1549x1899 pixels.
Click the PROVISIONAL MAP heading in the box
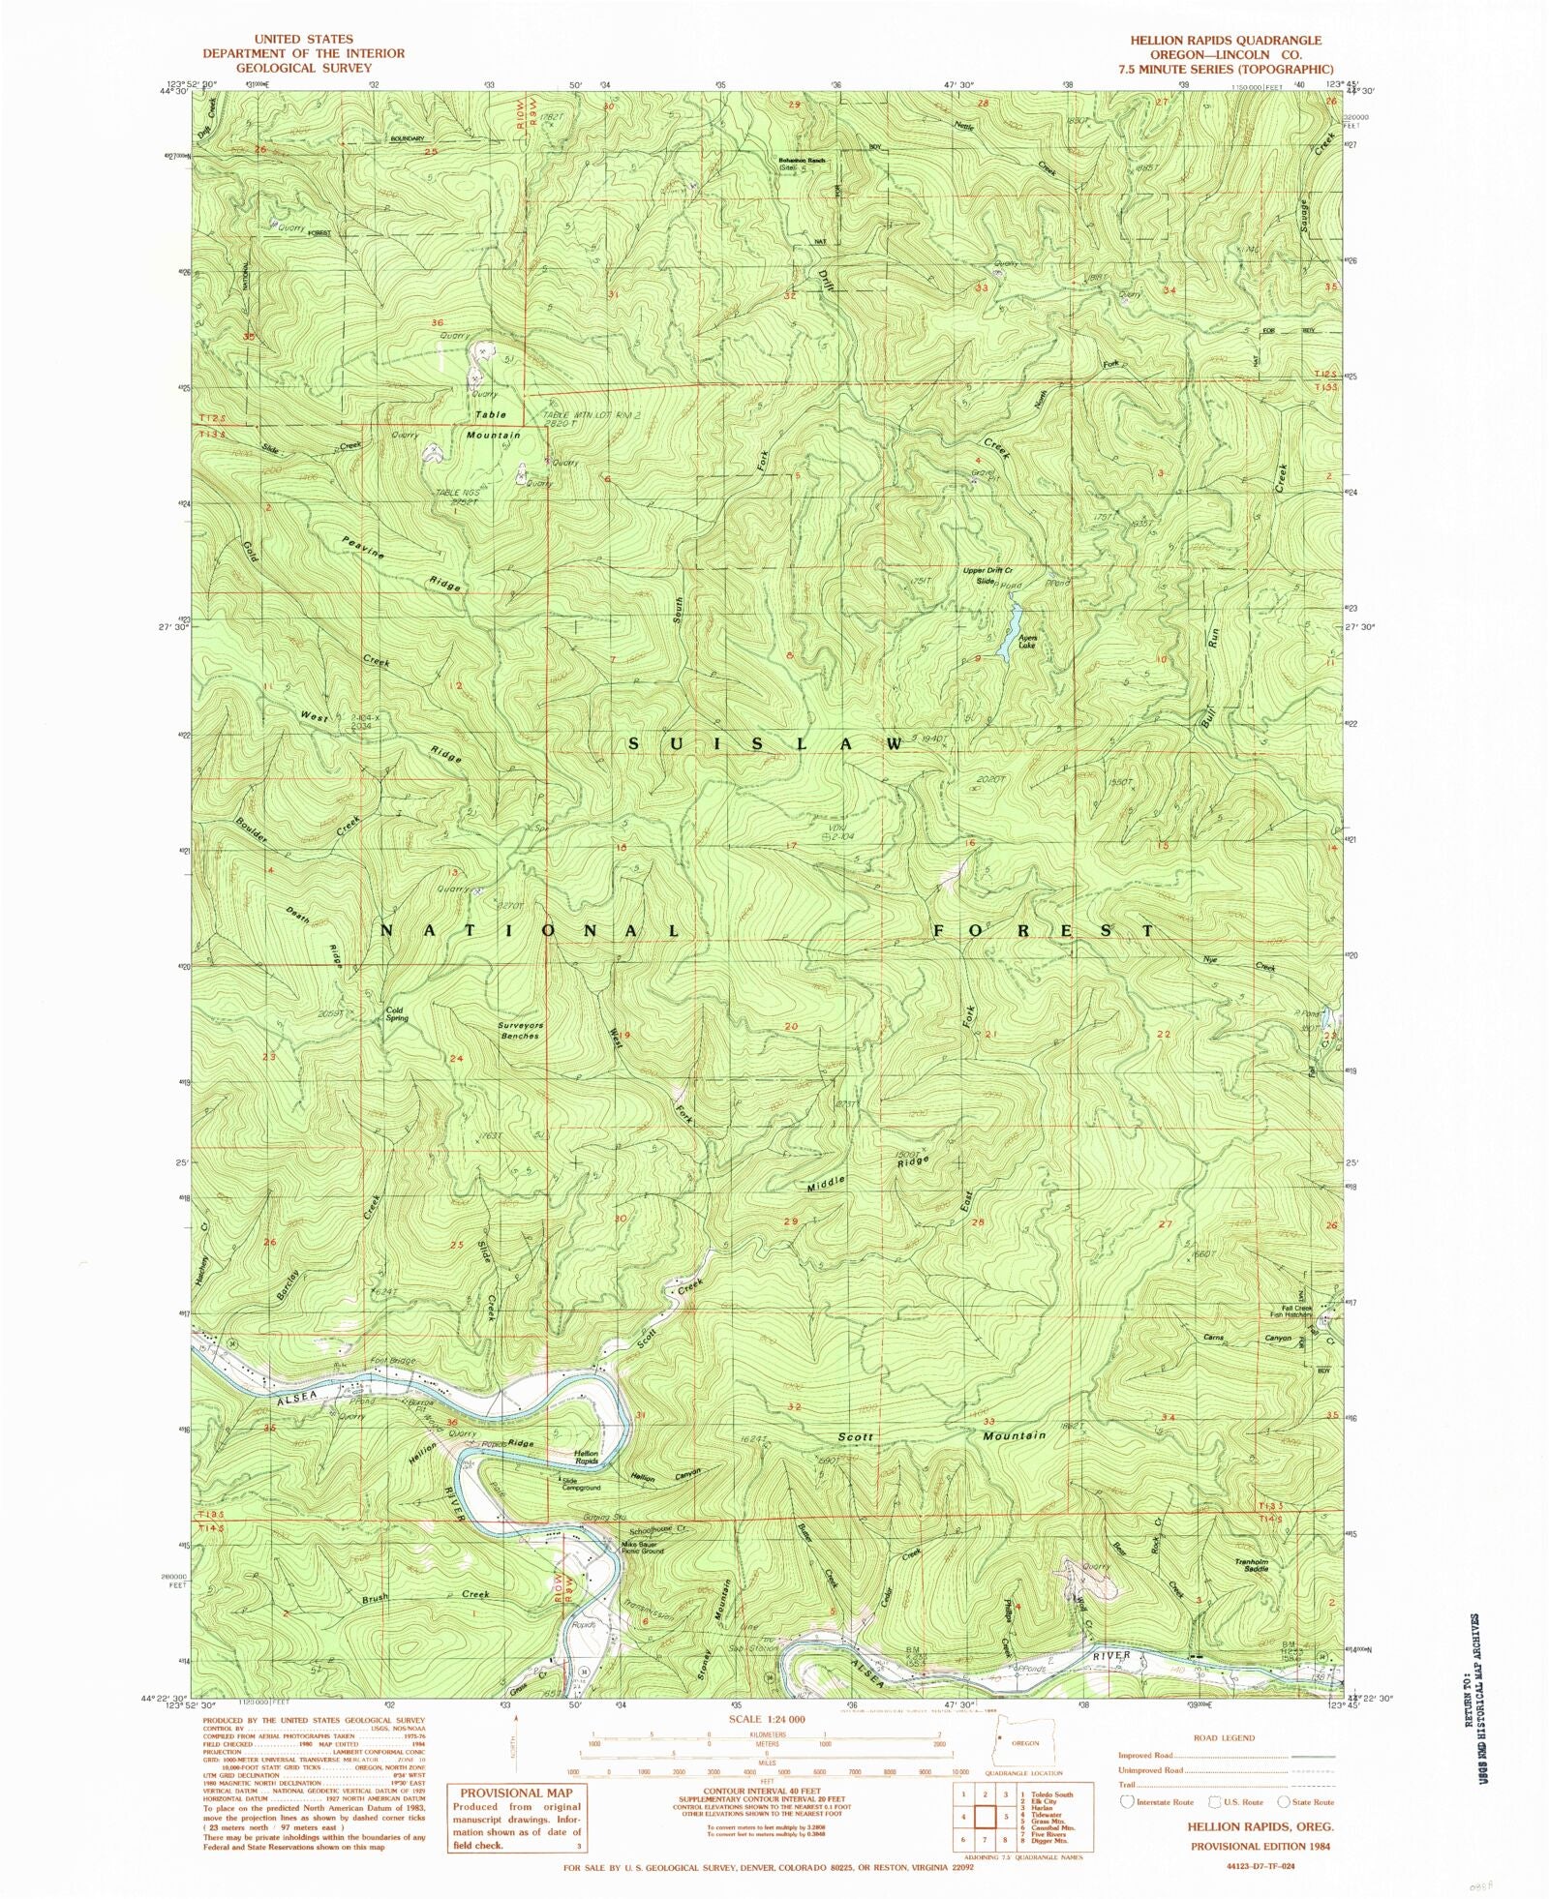tap(515, 1793)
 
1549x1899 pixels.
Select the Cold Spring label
tap(396, 1014)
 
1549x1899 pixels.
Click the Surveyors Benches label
tap(519, 1031)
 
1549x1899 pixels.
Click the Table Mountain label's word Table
tap(490, 415)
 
